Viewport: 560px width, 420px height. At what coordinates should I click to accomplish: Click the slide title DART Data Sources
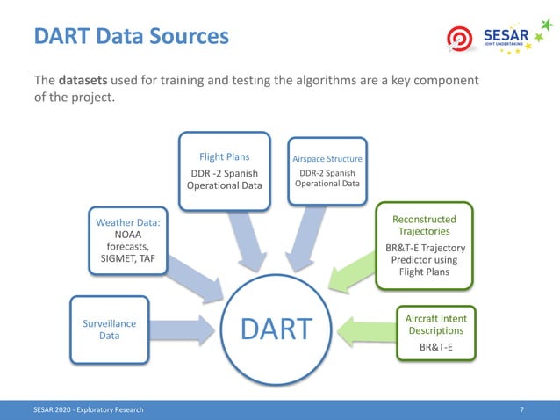131,37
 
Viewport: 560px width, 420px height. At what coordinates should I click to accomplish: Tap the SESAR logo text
505,35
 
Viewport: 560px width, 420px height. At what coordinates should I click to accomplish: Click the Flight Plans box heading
224,157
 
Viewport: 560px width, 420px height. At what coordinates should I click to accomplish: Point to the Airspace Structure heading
327,159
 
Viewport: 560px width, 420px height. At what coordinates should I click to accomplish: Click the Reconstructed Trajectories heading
425,225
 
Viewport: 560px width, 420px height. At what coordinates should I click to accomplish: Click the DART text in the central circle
276,329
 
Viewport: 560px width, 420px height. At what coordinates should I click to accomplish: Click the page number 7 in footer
522,410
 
